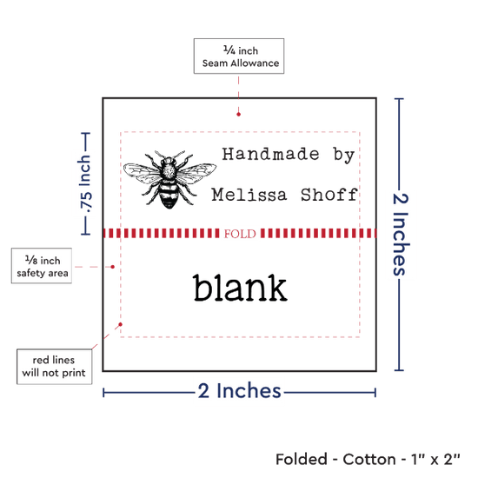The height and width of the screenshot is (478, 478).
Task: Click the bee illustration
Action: tap(169, 179)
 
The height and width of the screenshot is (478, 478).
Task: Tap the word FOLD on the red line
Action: tap(240, 234)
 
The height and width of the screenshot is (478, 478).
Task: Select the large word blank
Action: tap(240, 288)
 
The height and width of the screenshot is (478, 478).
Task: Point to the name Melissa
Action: tap(249, 195)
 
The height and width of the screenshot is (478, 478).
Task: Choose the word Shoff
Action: tap(329, 195)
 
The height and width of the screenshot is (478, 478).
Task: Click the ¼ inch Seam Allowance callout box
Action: tap(239, 56)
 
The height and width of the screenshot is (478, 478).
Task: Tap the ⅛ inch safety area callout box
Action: tap(42, 266)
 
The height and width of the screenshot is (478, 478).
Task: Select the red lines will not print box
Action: tap(54, 367)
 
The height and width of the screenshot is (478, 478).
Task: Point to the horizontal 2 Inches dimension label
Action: tap(239, 391)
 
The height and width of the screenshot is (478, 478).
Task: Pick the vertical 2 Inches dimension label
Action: tap(400, 234)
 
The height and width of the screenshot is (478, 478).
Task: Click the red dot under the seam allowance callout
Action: tap(238, 115)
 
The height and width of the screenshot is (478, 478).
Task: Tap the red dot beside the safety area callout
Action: tap(112, 267)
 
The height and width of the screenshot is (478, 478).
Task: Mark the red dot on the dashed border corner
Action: tap(121, 324)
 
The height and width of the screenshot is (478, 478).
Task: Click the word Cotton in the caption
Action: tap(369, 460)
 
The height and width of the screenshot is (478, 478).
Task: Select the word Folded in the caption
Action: tap(302, 460)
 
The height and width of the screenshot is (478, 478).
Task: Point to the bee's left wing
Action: tap(141, 173)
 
